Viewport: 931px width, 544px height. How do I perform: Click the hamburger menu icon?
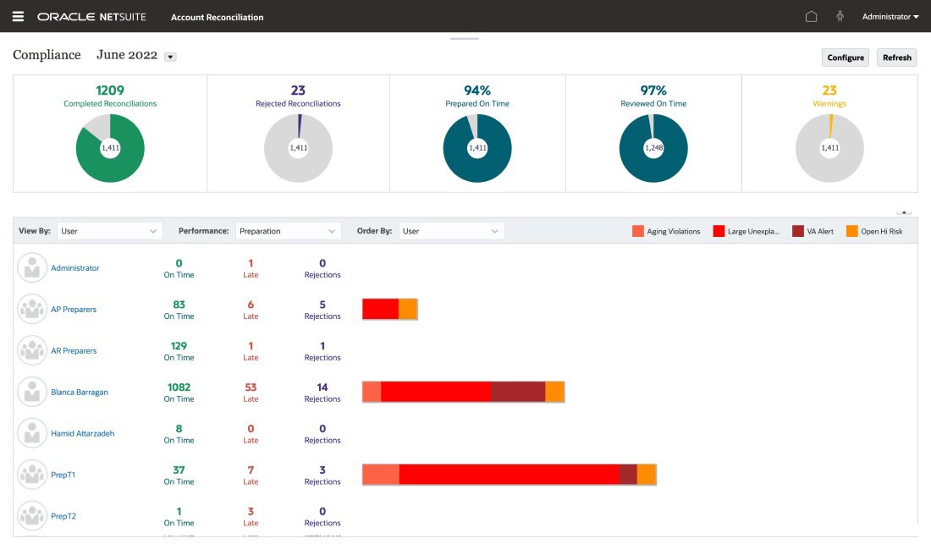click(18, 17)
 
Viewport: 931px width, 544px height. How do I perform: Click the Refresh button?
click(896, 58)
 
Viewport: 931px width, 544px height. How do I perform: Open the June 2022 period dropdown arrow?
click(170, 57)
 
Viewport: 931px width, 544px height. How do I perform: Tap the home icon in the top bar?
click(811, 17)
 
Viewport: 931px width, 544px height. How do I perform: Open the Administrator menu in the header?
click(890, 17)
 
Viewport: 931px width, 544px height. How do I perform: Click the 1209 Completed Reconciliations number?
click(110, 91)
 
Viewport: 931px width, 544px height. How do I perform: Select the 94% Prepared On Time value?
click(477, 91)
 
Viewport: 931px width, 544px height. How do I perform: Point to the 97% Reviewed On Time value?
click(653, 91)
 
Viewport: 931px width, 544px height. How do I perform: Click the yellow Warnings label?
click(829, 104)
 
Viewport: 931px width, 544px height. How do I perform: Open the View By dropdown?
click(110, 231)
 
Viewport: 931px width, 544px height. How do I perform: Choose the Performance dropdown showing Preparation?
click(289, 231)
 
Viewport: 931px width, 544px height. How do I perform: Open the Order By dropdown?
click(452, 231)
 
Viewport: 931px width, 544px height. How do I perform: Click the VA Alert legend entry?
click(813, 231)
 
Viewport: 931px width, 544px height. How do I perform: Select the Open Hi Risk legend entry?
click(875, 231)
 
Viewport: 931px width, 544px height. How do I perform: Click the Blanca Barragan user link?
click(80, 393)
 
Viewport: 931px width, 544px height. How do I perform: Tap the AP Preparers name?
click(74, 310)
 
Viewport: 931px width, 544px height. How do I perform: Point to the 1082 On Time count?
click(179, 387)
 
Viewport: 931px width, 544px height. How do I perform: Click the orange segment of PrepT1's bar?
click(647, 475)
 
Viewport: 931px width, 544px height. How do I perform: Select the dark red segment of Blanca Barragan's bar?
click(518, 392)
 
